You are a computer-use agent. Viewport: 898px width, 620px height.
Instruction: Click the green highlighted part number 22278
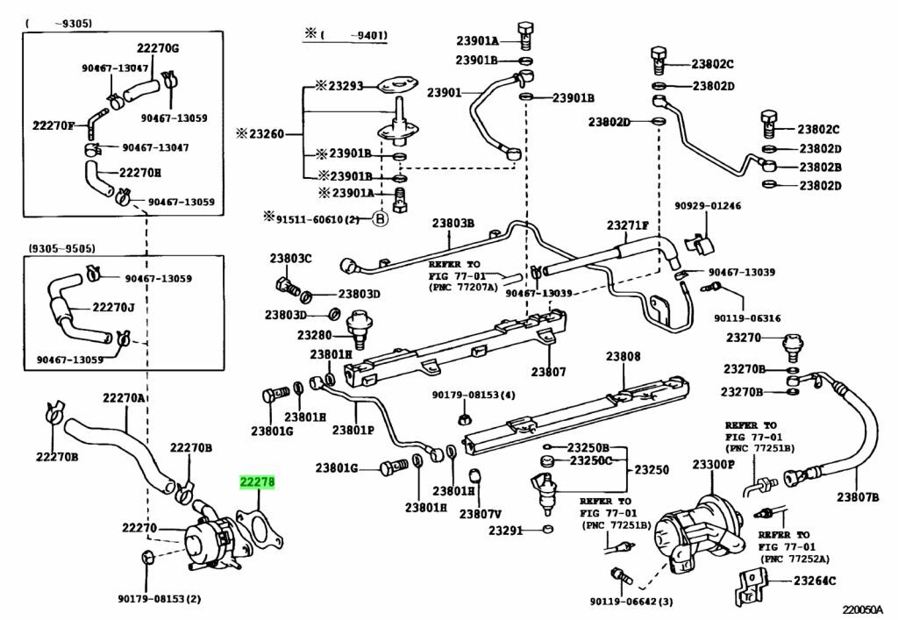[258, 482]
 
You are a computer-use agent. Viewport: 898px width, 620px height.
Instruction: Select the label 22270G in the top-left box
[157, 47]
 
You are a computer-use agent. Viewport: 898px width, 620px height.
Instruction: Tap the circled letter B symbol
[380, 219]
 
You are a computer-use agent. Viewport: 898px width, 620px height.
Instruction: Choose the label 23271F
[629, 226]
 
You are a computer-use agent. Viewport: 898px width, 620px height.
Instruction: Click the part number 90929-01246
[708, 206]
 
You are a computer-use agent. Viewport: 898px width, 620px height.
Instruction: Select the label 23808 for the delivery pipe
[623, 357]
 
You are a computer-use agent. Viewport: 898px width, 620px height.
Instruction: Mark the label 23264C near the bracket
[815, 581]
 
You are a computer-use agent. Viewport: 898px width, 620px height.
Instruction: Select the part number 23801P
[353, 430]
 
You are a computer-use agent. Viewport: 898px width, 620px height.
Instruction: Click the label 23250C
[589, 460]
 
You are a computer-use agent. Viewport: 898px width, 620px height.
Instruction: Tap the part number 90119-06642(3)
[631, 601]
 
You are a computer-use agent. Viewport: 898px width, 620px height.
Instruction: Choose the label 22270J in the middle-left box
[113, 308]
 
